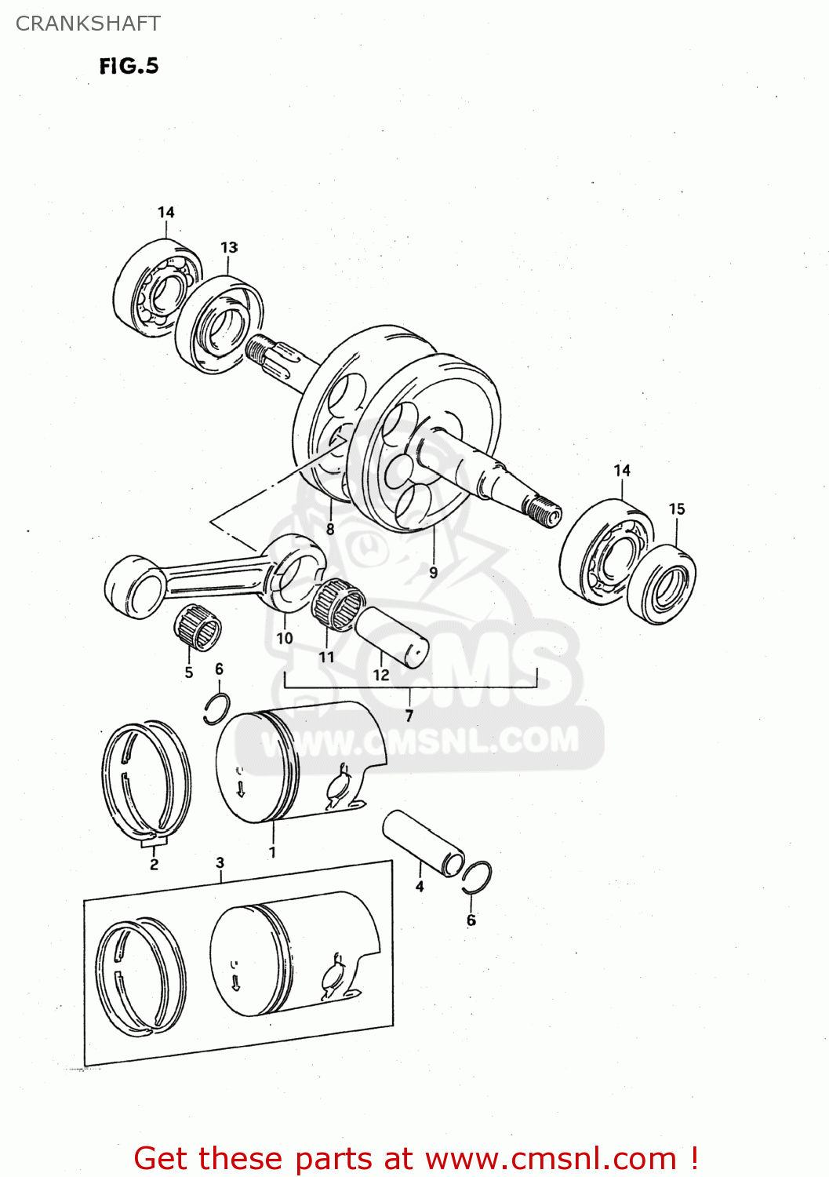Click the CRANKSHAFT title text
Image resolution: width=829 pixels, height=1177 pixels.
[x=88, y=24]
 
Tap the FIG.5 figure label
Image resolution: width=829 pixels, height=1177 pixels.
[x=129, y=66]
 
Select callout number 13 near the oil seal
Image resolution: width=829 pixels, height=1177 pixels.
[x=229, y=247]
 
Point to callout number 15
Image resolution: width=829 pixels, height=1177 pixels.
[x=676, y=509]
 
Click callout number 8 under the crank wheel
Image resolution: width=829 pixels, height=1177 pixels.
[x=330, y=529]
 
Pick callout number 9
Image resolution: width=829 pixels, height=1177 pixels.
[x=433, y=573]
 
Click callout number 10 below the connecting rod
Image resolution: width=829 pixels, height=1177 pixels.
[x=284, y=638]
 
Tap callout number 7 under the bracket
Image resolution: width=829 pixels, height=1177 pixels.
[x=409, y=716]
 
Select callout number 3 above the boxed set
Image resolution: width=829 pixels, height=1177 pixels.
[x=220, y=862]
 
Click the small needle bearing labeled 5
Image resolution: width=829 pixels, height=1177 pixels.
[x=197, y=629]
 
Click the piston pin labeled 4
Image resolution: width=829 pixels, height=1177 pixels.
[x=424, y=844]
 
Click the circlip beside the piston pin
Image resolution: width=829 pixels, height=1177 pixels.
[x=477, y=876]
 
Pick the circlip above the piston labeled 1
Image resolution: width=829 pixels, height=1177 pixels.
[x=216, y=709]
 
